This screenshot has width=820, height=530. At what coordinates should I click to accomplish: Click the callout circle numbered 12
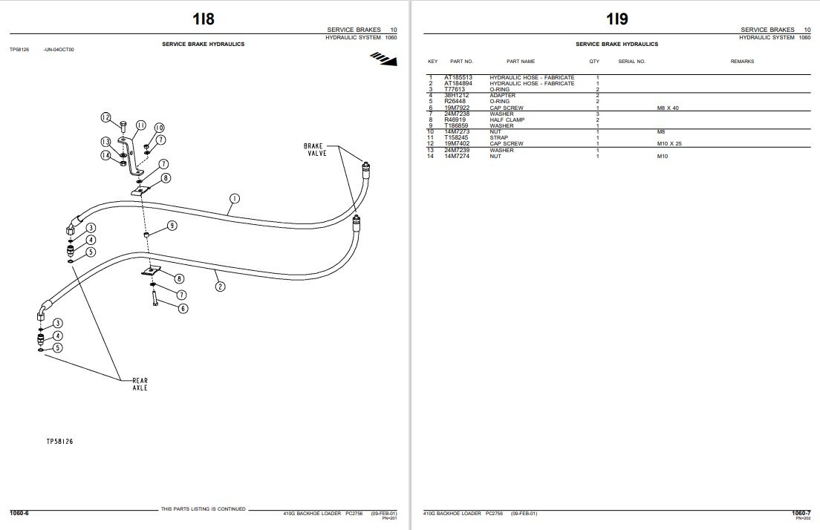105,117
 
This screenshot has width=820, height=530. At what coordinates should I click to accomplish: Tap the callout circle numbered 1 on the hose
234,199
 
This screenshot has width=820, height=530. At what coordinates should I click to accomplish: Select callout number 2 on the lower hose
220,285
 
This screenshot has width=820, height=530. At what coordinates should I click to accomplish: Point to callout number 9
172,225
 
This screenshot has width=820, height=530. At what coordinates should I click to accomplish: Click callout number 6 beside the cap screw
182,308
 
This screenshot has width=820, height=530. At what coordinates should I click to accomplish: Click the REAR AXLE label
140,384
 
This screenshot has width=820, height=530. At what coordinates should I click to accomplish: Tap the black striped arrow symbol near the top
384,58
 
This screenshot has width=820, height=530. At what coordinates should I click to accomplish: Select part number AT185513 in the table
458,78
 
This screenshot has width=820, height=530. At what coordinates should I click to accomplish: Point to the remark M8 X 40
668,108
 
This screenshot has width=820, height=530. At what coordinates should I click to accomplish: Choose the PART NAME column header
521,62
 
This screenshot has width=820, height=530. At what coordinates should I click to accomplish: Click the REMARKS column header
742,62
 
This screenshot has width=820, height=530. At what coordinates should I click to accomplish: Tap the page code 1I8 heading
202,19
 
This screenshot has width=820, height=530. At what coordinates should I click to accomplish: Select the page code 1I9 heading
616,19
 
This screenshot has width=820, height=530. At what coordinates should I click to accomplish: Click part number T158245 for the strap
456,137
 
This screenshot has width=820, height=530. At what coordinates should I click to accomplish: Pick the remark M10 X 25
669,143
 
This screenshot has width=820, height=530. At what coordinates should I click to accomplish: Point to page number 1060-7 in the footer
801,512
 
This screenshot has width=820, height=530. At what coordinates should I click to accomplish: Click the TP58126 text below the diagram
60,441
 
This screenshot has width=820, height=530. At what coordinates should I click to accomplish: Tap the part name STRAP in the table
499,137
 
